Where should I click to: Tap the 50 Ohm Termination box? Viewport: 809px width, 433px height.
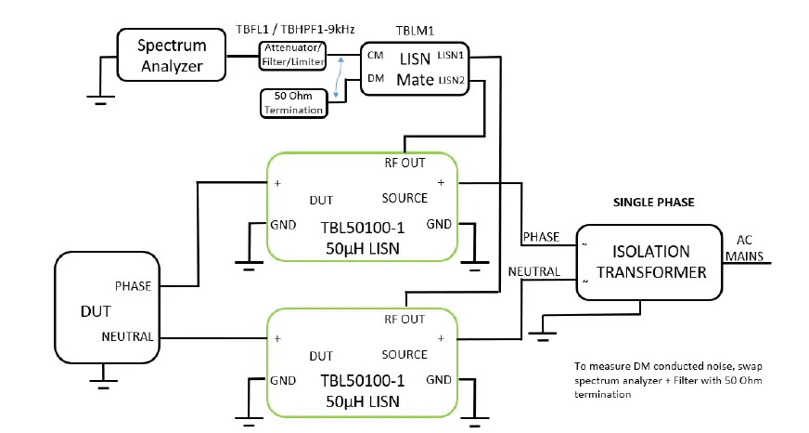pyautogui.click(x=294, y=103)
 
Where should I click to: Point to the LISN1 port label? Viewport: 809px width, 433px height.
pyautogui.click(x=452, y=56)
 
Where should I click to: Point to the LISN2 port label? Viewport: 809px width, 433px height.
pyautogui.click(x=452, y=80)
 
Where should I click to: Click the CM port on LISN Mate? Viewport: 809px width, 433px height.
pyautogui.click(x=376, y=57)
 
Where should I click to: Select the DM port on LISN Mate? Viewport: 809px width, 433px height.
pyautogui.click(x=376, y=80)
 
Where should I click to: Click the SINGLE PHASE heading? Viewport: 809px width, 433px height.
pyautogui.click(x=655, y=203)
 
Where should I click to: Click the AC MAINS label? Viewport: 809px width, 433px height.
pyautogui.click(x=752, y=247)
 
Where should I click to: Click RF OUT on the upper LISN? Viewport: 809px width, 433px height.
pyautogui.click(x=404, y=163)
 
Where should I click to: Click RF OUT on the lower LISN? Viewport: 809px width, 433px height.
pyautogui.click(x=404, y=319)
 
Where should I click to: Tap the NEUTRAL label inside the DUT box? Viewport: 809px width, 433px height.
pyautogui.click(x=126, y=336)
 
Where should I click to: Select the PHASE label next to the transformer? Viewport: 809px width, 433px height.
pyautogui.click(x=541, y=237)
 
